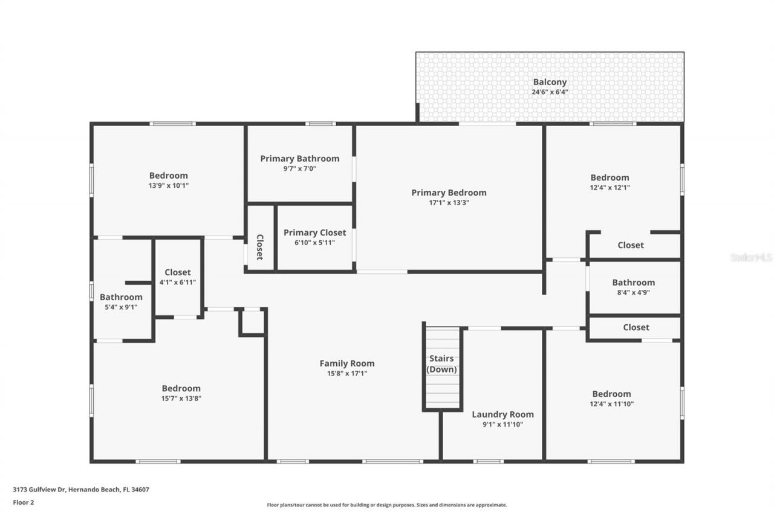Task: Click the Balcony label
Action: (550, 82)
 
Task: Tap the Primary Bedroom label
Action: (449, 193)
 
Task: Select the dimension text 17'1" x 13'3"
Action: (449, 203)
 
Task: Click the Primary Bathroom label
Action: (299, 158)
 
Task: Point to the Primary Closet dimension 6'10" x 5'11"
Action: (314, 243)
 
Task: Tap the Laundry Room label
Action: (502, 414)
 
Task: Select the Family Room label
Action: (346, 363)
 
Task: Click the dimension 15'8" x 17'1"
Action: (346, 373)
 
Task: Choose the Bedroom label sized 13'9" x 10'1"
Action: (168, 176)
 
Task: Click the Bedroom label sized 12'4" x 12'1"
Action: (610, 178)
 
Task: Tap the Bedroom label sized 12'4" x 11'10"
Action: (611, 394)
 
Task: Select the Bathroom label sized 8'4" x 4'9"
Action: (633, 283)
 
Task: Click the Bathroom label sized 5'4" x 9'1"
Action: (121, 297)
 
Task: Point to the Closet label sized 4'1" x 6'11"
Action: (177, 272)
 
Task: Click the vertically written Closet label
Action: (260, 247)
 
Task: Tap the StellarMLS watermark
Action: (751, 257)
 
